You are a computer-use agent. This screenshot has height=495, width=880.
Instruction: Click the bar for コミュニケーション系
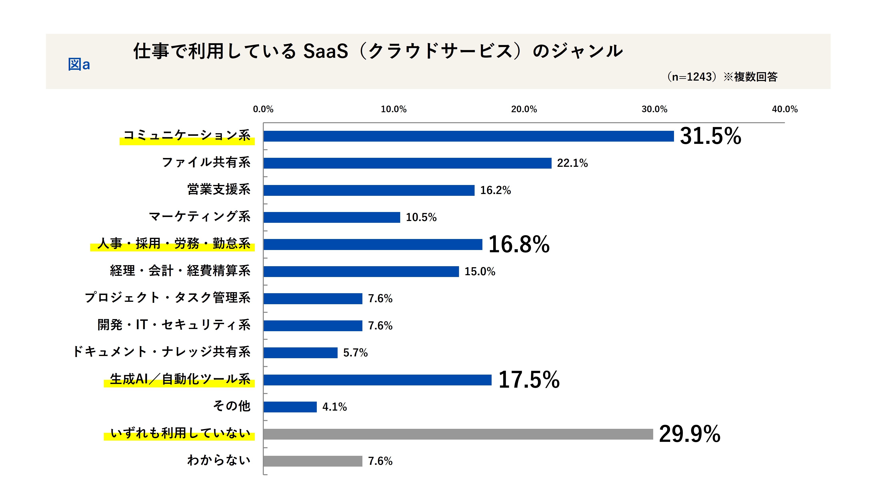point(468,136)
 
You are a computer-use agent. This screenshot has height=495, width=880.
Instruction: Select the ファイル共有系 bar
point(407,163)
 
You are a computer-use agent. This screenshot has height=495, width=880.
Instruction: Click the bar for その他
point(290,407)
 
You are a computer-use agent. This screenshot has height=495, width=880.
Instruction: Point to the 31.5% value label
point(710,136)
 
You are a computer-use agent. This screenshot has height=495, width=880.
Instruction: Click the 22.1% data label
point(572,163)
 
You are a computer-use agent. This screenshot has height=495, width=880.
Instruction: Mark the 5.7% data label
point(355,353)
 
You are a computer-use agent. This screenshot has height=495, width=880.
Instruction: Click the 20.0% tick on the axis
point(524,109)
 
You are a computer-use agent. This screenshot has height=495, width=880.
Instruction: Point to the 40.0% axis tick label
point(784,109)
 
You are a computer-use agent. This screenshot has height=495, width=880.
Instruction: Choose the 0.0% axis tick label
point(263,109)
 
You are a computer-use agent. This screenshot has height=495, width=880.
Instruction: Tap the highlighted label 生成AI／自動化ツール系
point(180,379)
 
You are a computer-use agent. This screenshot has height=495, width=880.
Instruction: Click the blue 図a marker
point(79,64)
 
